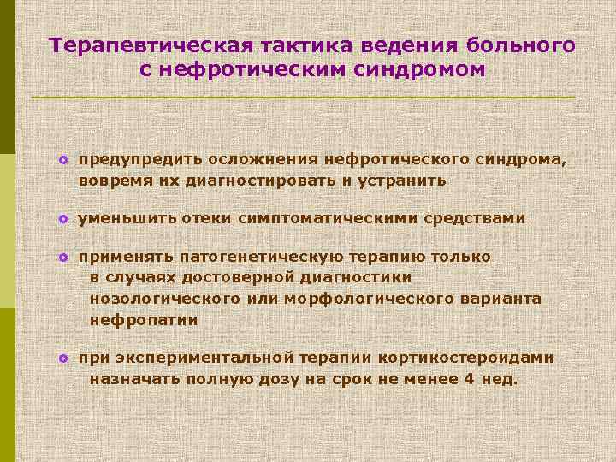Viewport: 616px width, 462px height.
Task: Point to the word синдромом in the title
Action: point(419,69)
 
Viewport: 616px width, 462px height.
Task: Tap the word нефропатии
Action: point(144,320)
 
